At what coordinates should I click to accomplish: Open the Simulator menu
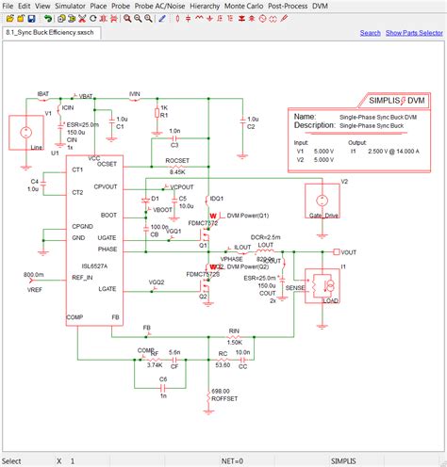[71, 6]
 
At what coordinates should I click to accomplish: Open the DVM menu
[321, 6]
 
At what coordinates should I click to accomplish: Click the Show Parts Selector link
[413, 33]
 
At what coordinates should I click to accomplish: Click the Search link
[371, 33]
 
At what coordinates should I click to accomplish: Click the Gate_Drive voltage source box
[321, 201]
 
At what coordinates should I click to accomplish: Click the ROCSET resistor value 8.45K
[177, 172]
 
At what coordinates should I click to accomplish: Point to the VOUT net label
[348, 252]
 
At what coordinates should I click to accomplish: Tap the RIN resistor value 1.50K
[234, 342]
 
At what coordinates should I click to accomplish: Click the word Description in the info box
[316, 124]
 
